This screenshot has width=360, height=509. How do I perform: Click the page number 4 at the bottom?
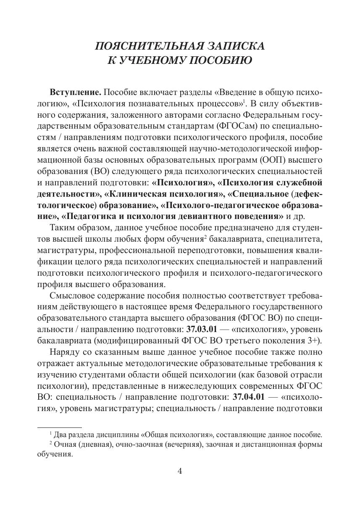[180, 471]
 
